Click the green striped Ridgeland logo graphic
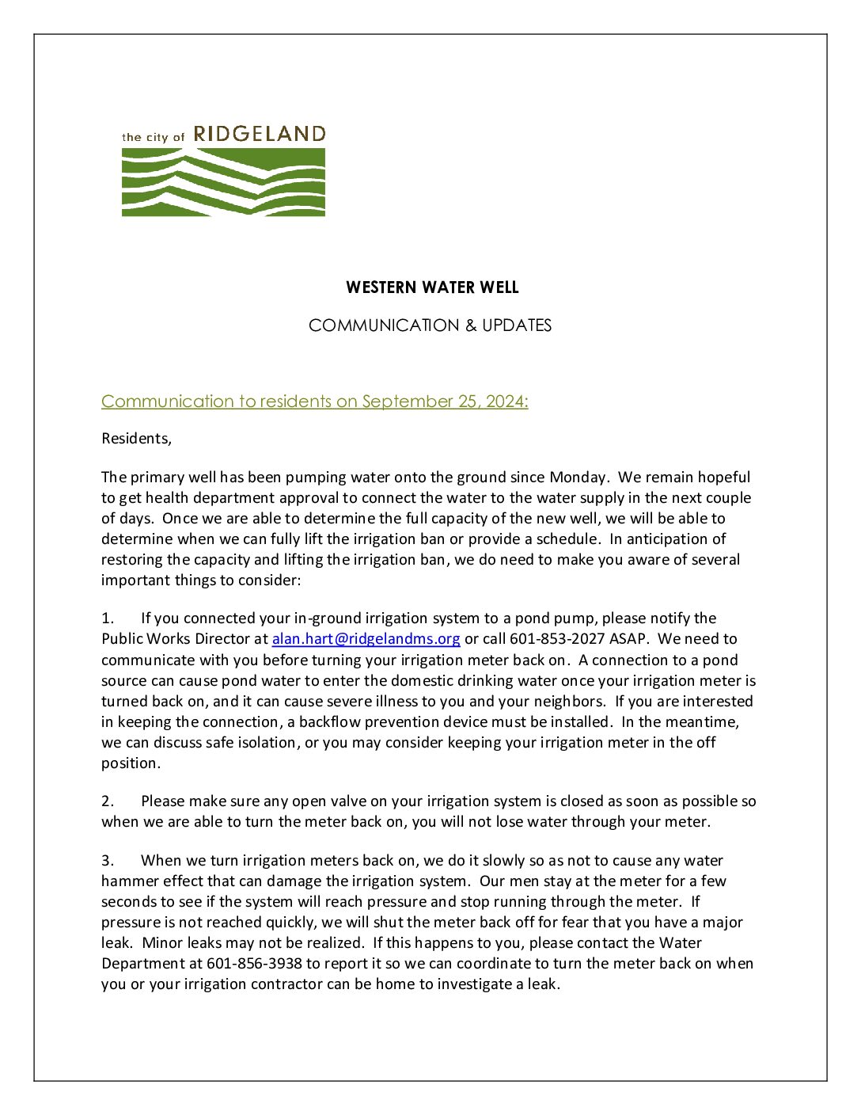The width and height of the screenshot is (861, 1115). pyautogui.click(x=223, y=182)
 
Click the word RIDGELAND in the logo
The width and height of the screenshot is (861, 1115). pyautogui.click(x=260, y=134)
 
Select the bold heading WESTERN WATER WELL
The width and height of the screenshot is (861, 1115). pyautogui.click(x=432, y=287)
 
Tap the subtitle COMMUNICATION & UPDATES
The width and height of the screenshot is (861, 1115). pyautogui.click(x=430, y=325)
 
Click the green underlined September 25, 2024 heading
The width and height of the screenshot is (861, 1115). pyautogui.click(x=314, y=401)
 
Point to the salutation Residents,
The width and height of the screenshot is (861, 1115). pyautogui.click(x=136, y=439)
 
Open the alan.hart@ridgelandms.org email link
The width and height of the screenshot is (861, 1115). pyautogui.click(x=366, y=639)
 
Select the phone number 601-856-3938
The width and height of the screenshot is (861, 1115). pyautogui.click(x=254, y=964)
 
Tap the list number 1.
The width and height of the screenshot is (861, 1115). pyautogui.click(x=107, y=618)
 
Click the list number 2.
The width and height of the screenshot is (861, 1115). pyautogui.click(x=107, y=801)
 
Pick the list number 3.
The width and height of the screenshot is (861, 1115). pyautogui.click(x=107, y=861)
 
